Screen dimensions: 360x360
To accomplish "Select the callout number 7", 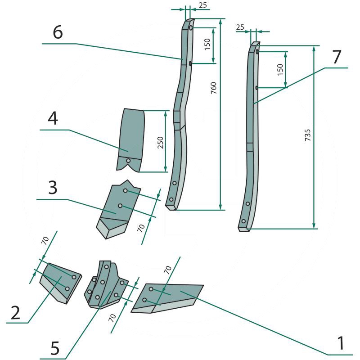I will (337, 57).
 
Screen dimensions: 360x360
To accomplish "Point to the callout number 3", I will (52, 188).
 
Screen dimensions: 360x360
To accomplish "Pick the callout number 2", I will (15, 312).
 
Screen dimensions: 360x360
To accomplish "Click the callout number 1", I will (342, 343).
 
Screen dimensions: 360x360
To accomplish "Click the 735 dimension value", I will (307, 135).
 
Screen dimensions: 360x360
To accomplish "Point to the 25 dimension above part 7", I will (240, 28).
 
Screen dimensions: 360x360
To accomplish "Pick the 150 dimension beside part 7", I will (280, 69).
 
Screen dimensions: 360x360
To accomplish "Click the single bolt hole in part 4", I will (128, 161).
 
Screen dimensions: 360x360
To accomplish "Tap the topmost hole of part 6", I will (191, 28).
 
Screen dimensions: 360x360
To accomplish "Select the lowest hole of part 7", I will (243, 221).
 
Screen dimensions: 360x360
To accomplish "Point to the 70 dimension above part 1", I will (167, 270).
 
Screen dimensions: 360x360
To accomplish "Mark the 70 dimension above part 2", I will (45, 241).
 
